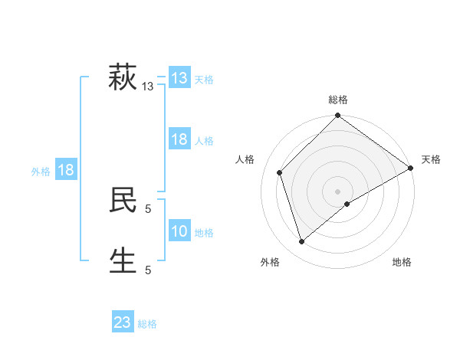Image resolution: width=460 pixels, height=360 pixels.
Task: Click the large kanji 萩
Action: [x=123, y=78]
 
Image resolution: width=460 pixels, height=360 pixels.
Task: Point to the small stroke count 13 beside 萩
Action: [x=148, y=87]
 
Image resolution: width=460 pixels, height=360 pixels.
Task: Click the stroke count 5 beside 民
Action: [x=148, y=208]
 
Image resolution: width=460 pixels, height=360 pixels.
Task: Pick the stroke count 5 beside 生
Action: [x=148, y=270]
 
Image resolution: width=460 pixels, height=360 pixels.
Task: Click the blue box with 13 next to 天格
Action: [x=179, y=78]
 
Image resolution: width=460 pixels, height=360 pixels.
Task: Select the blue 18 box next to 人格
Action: [x=179, y=139]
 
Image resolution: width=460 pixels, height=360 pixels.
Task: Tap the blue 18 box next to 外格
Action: [x=66, y=170]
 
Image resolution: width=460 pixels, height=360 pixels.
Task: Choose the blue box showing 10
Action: [x=179, y=231]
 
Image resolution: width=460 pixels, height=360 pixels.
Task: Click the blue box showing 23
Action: [x=123, y=322]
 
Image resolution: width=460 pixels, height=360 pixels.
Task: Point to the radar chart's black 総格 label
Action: [x=337, y=100]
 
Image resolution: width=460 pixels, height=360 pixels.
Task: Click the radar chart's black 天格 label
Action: [x=431, y=159]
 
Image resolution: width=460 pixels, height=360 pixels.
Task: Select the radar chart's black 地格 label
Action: [x=402, y=262]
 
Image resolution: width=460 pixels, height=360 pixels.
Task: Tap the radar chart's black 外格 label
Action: [x=270, y=262]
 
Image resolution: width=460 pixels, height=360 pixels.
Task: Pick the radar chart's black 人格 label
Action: [x=245, y=159]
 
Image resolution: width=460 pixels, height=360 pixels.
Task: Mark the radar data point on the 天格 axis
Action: [x=411, y=169]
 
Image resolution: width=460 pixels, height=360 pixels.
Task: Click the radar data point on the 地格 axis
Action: [x=347, y=204]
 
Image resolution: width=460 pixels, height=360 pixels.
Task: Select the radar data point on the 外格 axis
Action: [x=302, y=241]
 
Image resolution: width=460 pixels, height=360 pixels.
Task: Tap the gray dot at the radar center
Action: [x=337, y=191]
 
